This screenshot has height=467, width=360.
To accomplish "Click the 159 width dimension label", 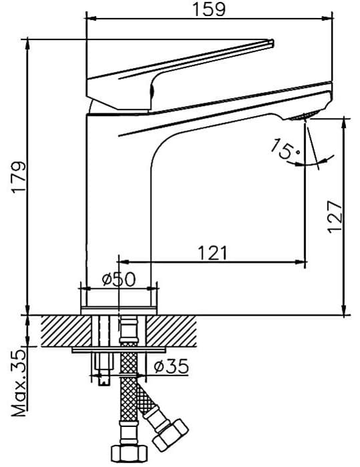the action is pos(209,9).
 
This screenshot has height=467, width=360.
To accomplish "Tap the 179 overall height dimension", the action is pos(19,177).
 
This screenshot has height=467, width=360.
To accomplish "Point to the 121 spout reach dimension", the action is pos(213,253).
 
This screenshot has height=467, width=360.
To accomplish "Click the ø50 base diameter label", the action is pos(119,280).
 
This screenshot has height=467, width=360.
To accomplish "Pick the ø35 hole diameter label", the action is pos(171,366).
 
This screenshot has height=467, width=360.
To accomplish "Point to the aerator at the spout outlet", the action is pos(304,116).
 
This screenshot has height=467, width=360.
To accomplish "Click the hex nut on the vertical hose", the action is pos(129,453).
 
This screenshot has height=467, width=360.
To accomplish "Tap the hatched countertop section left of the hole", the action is pos(65,331).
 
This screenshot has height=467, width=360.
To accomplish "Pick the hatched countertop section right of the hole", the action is pos(171,331).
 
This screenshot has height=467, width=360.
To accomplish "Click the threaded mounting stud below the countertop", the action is pos(103,370).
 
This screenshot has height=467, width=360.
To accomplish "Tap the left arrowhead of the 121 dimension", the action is pos(124,262).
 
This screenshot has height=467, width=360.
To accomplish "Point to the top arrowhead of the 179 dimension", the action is pos(27,44).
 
